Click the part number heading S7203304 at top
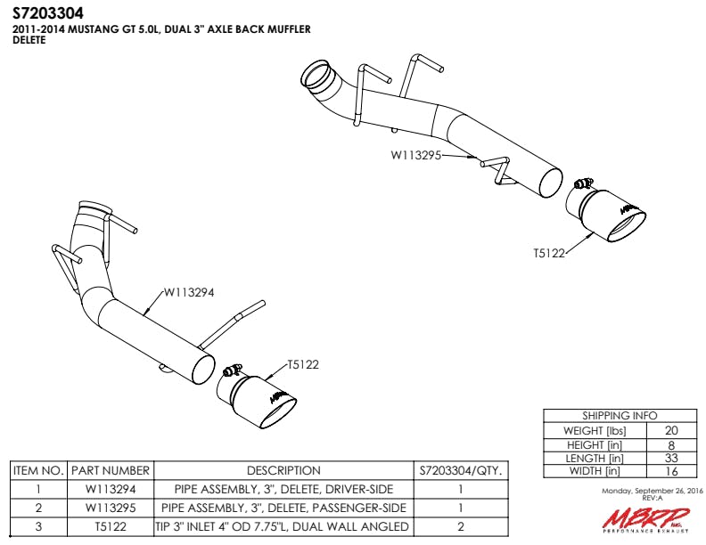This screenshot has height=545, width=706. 48,13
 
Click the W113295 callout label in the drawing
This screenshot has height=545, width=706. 415,155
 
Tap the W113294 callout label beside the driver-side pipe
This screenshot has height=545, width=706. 189,292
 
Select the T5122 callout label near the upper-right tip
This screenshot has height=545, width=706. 549,253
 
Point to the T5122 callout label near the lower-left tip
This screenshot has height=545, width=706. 303,364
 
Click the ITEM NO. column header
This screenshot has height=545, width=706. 38,471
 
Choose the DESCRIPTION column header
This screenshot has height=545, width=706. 283,471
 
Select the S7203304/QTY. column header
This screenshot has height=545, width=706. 461,471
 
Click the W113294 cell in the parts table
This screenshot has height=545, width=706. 111,489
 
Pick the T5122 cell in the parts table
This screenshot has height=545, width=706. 111,526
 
